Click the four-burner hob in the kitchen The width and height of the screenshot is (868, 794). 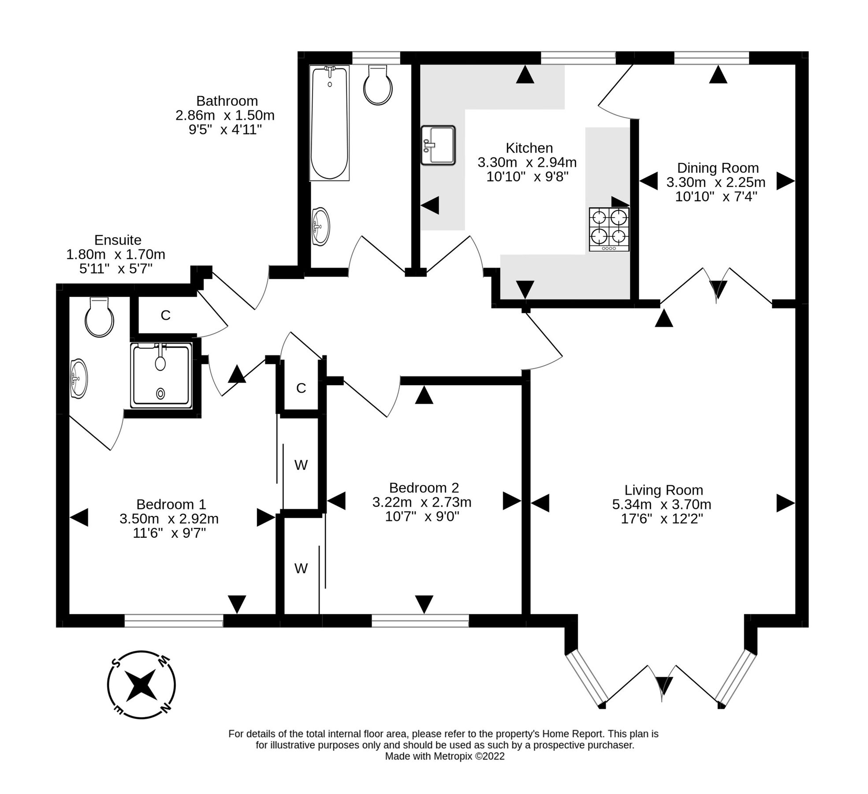click(x=609, y=229)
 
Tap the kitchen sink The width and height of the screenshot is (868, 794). click(x=437, y=145)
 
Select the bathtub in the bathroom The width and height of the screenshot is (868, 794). click(x=329, y=123)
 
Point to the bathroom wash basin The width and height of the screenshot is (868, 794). click(x=320, y=226)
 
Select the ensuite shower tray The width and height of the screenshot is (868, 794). click(x=161, y=375)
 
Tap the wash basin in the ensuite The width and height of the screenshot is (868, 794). click(x=78, y=378)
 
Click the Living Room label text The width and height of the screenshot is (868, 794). click(x=663, y=490)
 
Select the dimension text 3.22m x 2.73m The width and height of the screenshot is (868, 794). click(x=421, y=502)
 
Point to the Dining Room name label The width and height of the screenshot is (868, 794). click(x=717, y=168)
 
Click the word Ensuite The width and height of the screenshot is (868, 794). click(x=118, y=240)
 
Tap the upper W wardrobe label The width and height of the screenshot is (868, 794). click(x=301, y=465)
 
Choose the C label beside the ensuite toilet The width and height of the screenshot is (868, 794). click(x=165, y=315)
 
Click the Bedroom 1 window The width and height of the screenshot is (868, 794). click(x=174, y=621)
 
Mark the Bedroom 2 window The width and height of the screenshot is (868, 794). click(x=420, y=621)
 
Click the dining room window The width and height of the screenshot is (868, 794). click(x=711, y=58)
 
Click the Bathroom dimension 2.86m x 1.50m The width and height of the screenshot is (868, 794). click(x=225, y=116)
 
